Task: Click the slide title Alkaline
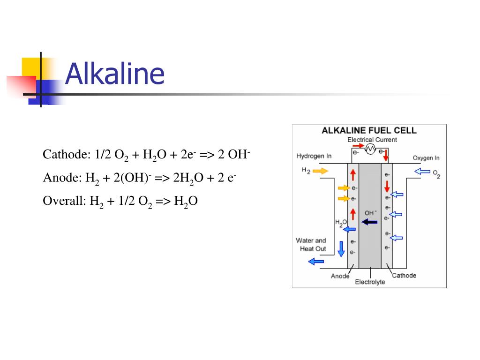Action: [115, 74]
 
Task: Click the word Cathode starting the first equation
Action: [61, 154]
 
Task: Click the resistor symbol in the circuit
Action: [370, 150]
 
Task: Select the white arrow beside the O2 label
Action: [422, 172]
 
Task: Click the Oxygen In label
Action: [426, 158]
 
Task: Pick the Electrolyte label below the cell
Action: [370, 282]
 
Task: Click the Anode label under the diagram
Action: [340, 276]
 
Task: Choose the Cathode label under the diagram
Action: [404, 275]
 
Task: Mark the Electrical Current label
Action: [372, 140]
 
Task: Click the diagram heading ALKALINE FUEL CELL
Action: [369, 131]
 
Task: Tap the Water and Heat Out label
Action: [311, 245]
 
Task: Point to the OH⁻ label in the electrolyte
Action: [370, 213]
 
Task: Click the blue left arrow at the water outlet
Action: [316, 262]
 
